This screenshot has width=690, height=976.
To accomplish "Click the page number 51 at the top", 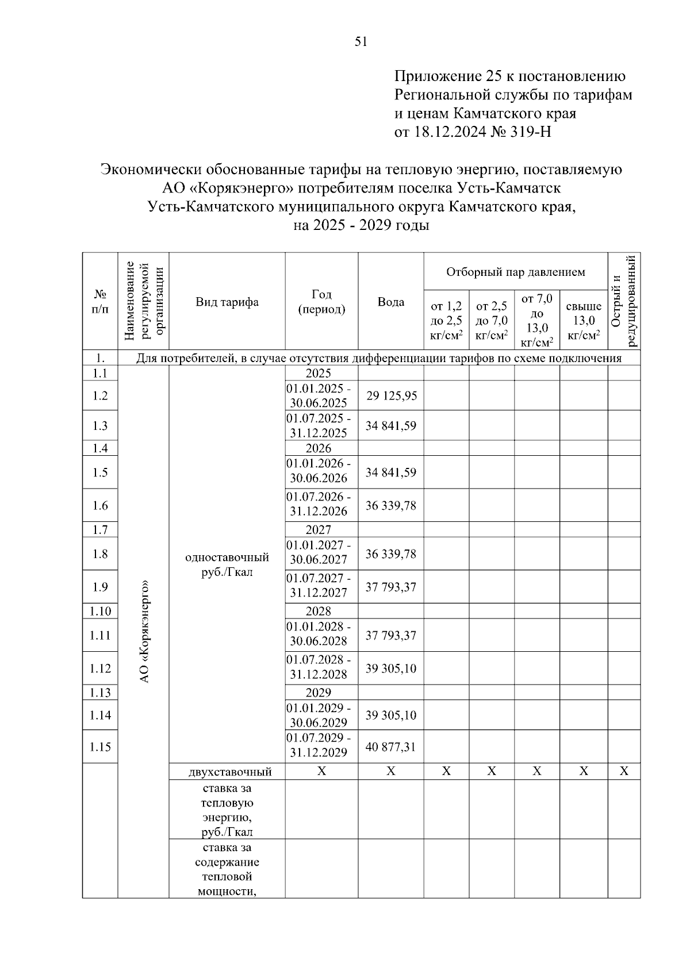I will [361, 41].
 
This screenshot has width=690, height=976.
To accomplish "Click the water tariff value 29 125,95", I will [391, 395].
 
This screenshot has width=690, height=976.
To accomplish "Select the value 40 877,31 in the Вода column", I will [391, 747].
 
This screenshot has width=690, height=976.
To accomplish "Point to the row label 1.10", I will [100, 610].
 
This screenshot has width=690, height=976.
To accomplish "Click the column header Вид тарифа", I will [227, 302].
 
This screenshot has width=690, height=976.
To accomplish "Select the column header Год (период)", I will [321, 302].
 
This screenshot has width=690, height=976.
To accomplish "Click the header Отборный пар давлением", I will [515, 271].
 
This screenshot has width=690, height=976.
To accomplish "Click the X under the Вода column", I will [390, 771].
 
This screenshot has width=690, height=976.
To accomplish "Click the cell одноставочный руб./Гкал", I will [227, 565].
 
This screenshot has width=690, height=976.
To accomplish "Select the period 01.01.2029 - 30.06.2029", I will [319, 714].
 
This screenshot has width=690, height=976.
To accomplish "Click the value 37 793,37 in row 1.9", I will [391, 587].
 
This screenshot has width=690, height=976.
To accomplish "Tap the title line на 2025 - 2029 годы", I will [361, 225].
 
